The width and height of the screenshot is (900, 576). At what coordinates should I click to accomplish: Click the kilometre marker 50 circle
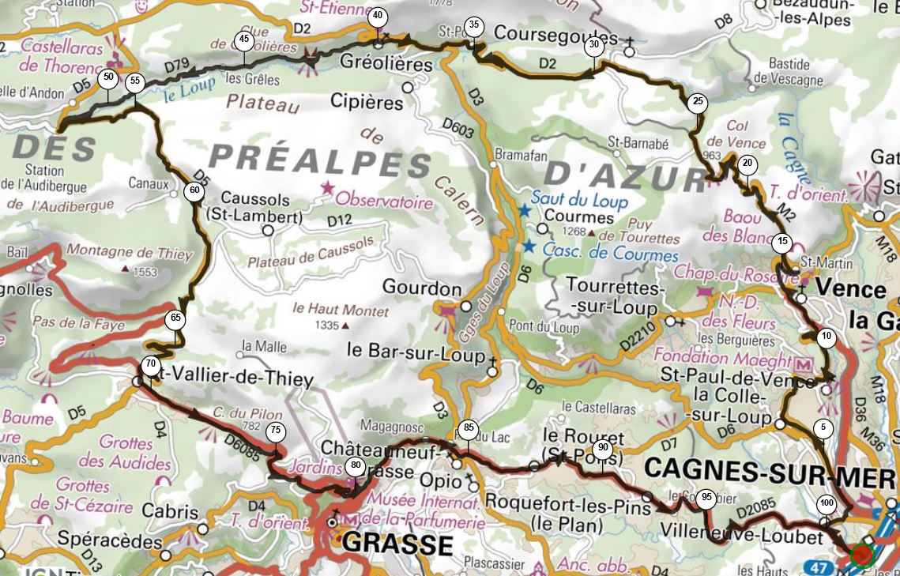108,77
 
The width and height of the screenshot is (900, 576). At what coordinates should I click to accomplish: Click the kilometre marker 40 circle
378,16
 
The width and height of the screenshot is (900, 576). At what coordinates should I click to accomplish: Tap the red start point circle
861,555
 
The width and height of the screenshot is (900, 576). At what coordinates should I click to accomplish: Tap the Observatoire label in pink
385,202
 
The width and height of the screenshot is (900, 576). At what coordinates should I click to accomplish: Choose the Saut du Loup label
579,200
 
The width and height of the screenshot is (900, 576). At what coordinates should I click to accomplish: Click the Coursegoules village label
555,37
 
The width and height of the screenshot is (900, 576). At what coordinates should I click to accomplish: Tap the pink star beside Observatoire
326,187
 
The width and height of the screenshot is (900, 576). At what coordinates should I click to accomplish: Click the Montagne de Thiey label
129,254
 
